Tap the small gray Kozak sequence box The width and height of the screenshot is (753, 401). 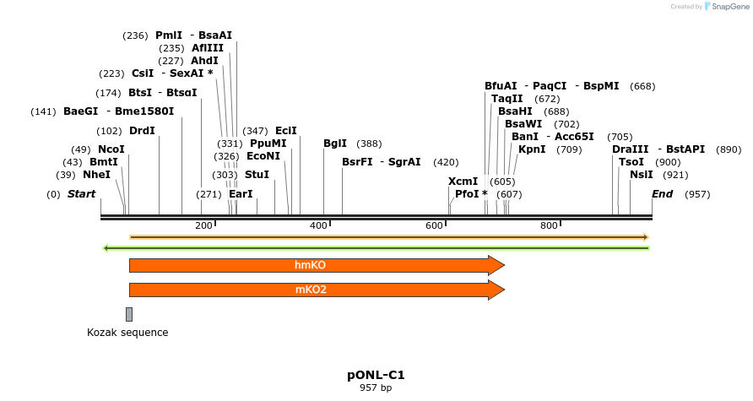click(x=129, y=314)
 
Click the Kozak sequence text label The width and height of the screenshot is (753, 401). click(x=127, y=333)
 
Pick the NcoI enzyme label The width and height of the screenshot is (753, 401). click(x=111, y=149)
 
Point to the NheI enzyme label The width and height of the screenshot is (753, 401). click(x=96, y=175)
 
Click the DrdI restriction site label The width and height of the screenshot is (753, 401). click(x=142, y=131)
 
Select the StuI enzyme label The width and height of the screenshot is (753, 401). click(x=257, y=175)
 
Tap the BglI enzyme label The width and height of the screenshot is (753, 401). click(x=335, y=144)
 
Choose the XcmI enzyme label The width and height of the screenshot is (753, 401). click(x=463, y=182)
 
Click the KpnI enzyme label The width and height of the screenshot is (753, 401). click(x=532, y=149)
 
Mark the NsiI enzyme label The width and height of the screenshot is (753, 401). click(x=642, y=175)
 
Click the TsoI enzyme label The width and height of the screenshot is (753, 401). click(x=631, y=162)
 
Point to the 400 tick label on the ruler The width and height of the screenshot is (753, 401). click(x=318, y=225)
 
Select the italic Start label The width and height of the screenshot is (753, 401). click(x=81, y=194)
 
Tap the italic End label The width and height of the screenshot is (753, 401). click(x=663, y=194)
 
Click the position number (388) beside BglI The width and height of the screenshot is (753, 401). click(x=370, y=144)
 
